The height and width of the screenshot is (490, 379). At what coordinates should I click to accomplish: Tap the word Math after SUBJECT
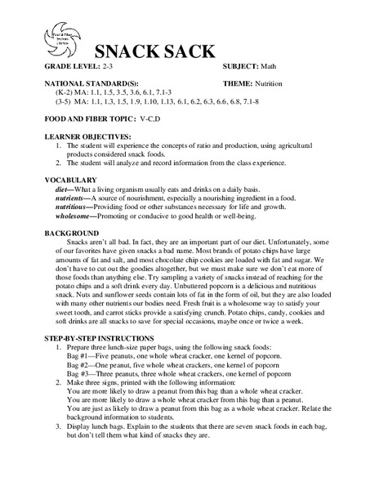(267, 65)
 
